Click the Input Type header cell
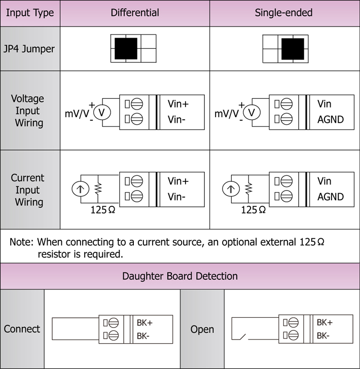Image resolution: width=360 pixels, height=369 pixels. (30, 13)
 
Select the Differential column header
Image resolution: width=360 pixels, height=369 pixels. (135, 13)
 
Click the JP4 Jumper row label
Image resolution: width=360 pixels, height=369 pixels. (30, 49)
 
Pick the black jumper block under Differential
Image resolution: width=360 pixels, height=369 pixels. (126, 49)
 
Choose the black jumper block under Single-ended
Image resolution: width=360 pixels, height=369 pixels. (293, 49)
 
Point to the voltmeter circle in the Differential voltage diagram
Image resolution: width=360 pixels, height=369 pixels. (101, 112)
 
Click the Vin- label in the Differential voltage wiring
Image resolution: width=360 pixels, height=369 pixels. (177, 120)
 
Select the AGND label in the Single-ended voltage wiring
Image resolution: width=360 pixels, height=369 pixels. (330, 120)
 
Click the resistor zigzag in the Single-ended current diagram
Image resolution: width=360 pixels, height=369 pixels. (248, 189)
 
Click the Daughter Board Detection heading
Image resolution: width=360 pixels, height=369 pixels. (180, 276)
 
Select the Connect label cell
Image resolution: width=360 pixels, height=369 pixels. (22, 329)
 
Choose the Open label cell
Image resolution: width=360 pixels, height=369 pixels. (202, 329)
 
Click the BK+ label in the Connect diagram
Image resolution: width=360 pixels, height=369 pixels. (145, 322)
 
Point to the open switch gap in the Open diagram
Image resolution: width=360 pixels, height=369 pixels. (242, 337)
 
